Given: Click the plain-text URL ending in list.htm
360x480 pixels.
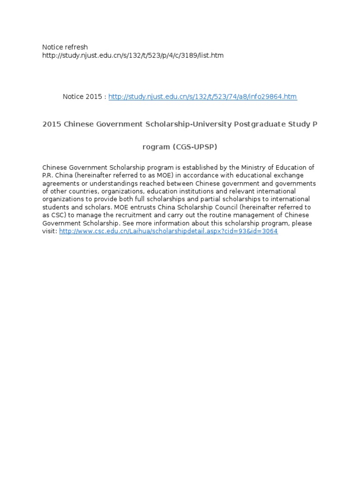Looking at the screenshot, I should coord(133,55).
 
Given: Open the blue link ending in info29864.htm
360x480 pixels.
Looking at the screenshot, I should coord(202,97).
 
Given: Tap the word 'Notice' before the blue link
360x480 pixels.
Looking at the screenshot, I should coord(73,97).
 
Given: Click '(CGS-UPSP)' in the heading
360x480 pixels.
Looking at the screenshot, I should coord(195,147).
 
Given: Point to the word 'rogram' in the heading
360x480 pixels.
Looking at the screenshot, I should coord(156,147).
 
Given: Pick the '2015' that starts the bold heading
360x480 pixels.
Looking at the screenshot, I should coord(52,124).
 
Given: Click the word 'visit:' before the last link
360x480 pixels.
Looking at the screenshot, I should coord(50,232).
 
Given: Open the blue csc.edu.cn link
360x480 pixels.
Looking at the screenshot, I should coord(169,232).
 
